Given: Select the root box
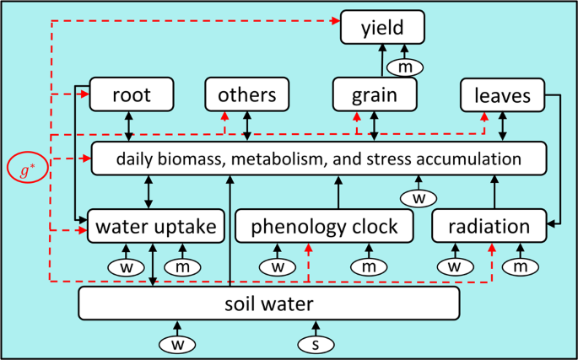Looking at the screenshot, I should click(132, 94).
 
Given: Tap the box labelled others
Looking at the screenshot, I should click(247, 94).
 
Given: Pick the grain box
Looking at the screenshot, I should click(375, 95).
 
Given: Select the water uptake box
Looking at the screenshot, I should click(156, 226).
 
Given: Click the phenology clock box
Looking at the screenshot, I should click(325, 226).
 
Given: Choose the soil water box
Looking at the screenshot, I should click(268, 303).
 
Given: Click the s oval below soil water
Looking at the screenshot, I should click(316, 343).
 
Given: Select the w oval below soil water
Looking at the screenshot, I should click(177, 343).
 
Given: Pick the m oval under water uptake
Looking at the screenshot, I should click(182, 266).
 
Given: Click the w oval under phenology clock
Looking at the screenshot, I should click(277, 266).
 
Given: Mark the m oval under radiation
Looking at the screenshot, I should click(520, 266).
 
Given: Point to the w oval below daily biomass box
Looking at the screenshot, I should click(418, 197).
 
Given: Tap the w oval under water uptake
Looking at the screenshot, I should click(125, 266).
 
